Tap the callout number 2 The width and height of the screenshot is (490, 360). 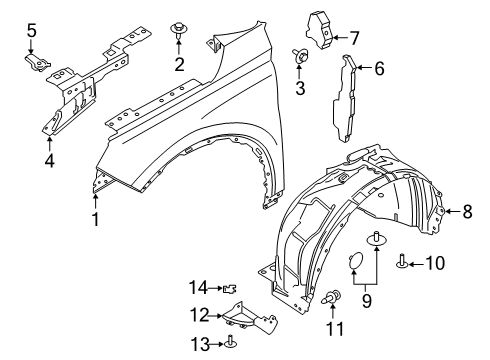pyautogui.click(x=180, y=66)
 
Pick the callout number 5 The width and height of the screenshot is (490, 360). pyautogui.click(x=32, y=32)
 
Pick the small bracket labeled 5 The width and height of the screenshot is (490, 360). pyautogui.click(x=36, y=63)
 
